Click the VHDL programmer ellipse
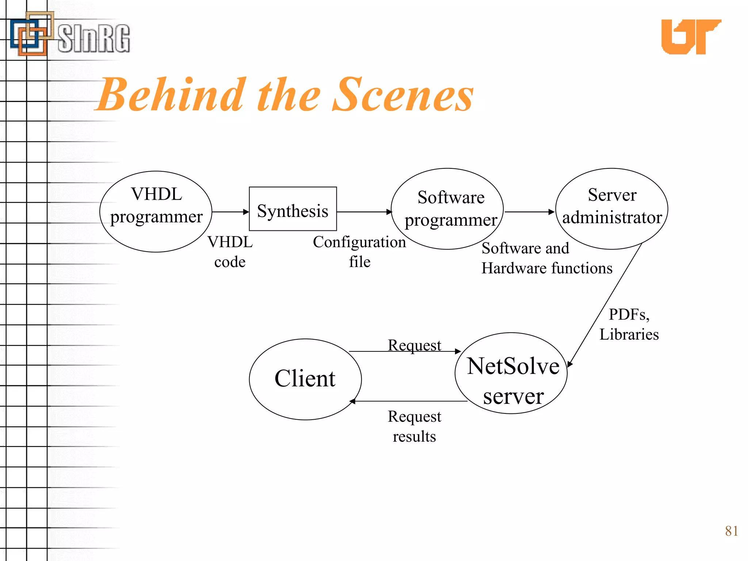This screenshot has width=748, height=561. coord(156,211)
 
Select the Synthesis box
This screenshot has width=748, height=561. coord(293,209)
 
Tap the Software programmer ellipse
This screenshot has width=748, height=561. coord(447,209)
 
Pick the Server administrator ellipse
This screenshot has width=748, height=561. coord(612,209)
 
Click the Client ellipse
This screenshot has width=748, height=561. coord(305,379)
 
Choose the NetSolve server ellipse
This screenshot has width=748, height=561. coord(511,373)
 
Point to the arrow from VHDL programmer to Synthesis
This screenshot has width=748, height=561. coord(230,212)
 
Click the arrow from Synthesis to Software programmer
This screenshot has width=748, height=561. coord(364,212)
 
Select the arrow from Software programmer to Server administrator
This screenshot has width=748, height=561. coord(529,212)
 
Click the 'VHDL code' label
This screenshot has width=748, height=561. coord(230,252)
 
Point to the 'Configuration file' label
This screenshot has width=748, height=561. coord(359,252)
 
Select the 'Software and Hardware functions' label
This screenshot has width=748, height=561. coord(546,258)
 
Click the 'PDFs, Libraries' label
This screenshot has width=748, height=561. coord(629,324)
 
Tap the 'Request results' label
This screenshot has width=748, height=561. coord(414,426)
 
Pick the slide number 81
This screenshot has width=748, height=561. coord(732,531)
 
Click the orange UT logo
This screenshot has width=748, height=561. coord(690,37)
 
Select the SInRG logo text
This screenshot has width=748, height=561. coord(93,38)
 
